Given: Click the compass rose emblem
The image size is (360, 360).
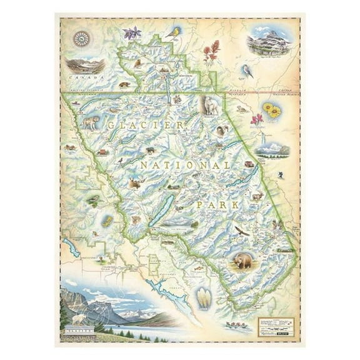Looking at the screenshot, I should click(81, 39).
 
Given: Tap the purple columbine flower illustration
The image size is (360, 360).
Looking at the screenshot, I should click(131, 32).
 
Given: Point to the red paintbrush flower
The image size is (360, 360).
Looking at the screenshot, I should click(212, 50).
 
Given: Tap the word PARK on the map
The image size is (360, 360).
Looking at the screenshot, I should click(213, 204).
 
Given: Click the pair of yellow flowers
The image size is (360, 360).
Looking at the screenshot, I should click(271, 111).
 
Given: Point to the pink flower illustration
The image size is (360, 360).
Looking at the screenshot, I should click(256, 119).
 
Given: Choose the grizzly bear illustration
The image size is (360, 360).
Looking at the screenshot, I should click(242, 261).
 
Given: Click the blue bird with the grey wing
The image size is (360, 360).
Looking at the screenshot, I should click(247, 71).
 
